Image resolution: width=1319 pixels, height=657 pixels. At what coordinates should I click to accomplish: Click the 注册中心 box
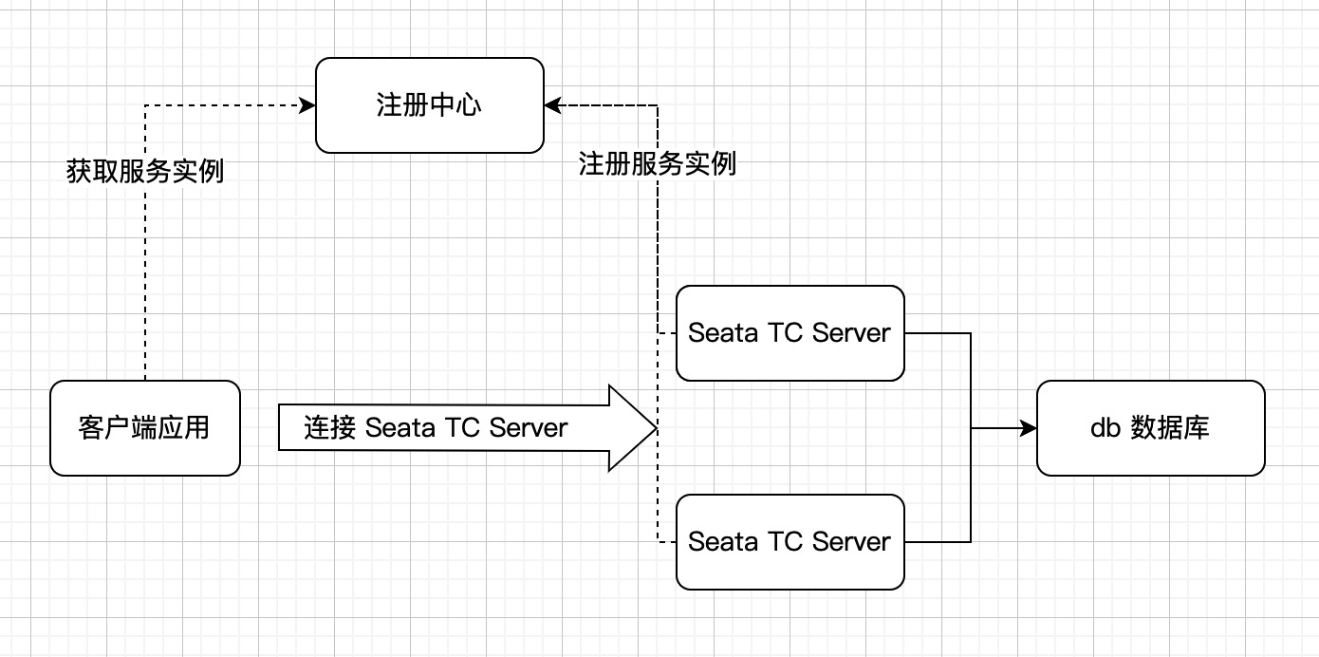point(430,105)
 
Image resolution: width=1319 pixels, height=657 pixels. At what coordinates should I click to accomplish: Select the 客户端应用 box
point(145,428)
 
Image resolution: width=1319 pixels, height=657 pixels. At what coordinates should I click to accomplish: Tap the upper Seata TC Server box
point(790,333)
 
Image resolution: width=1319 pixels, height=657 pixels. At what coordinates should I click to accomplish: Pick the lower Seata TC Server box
point(790,541)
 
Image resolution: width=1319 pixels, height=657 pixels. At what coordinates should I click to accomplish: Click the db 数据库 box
point(1151,428)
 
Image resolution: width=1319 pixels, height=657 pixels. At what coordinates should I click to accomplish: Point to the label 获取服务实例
point(145,172)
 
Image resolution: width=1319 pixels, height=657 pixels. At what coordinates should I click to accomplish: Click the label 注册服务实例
point(658,164)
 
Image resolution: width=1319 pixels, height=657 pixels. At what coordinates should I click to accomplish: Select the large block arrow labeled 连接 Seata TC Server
point(468,428)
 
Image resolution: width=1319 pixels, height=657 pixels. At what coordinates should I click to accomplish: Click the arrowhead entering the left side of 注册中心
point(307,105)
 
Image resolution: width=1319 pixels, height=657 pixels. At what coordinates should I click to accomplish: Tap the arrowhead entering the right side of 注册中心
point(553,105)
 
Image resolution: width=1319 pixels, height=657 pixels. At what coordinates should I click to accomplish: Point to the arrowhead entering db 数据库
point(1028,428)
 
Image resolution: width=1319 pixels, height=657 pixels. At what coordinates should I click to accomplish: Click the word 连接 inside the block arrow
point(330,428)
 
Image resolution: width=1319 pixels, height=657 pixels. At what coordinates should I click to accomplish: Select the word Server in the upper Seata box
point(851,333)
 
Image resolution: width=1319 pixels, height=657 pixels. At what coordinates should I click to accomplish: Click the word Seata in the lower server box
point(722,541)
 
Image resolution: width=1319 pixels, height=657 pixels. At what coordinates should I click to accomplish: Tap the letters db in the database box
point(1105,428)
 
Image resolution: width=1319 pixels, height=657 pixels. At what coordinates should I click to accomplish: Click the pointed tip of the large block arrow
point(657,428)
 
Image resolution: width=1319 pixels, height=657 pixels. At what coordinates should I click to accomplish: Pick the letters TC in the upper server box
point(786,333)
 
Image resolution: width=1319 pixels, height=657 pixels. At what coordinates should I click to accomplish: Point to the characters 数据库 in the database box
point(1170,428)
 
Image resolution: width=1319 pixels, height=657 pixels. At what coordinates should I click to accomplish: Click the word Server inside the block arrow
point(529,428)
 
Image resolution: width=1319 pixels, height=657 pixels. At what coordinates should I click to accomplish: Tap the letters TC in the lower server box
point(786,541)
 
